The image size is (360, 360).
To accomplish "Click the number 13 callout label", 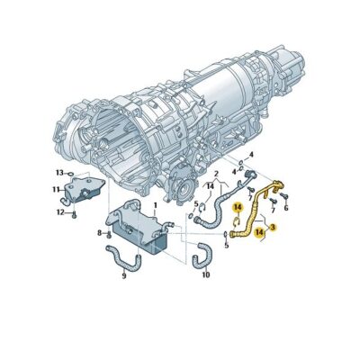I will pos(59,172).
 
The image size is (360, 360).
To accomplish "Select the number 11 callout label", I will pos(56,190).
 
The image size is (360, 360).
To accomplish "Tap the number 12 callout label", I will pos(59,212).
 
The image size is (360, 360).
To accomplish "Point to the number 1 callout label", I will pos(155,206).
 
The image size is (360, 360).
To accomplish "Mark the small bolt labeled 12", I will pos(76,213).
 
